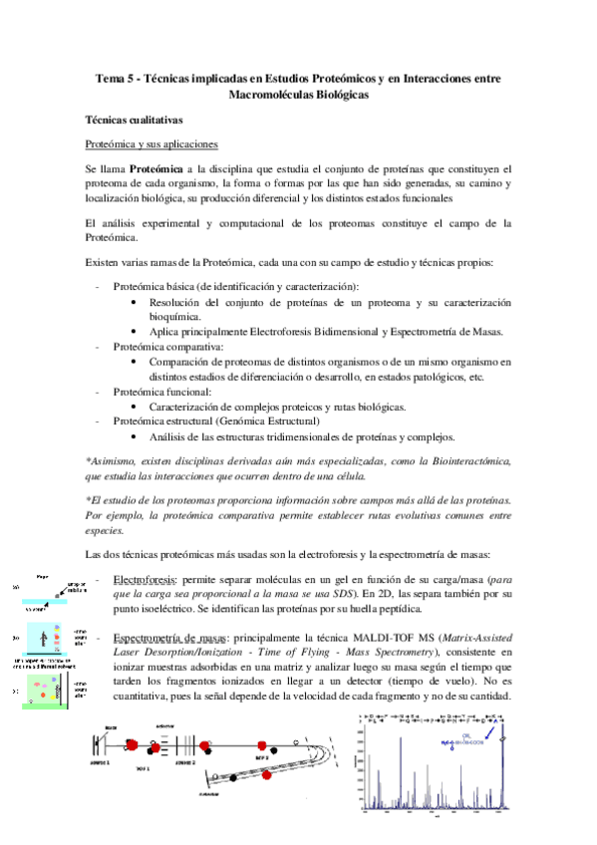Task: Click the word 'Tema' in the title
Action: click(x=108, y=77)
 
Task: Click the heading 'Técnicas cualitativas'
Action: click(x=133, y=119)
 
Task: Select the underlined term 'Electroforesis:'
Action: click(x=147, y=579)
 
